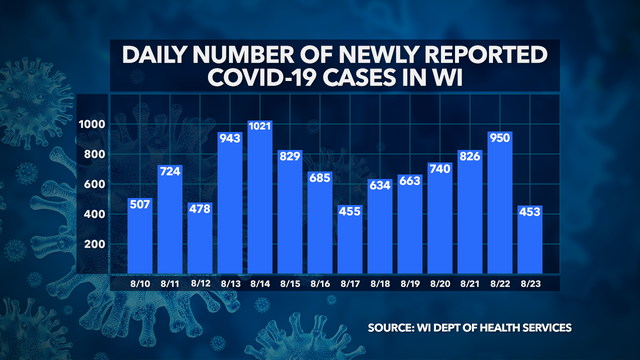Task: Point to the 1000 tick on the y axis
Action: point(93,124)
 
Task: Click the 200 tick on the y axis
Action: point(96,244)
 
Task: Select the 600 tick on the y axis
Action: point(96,184)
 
